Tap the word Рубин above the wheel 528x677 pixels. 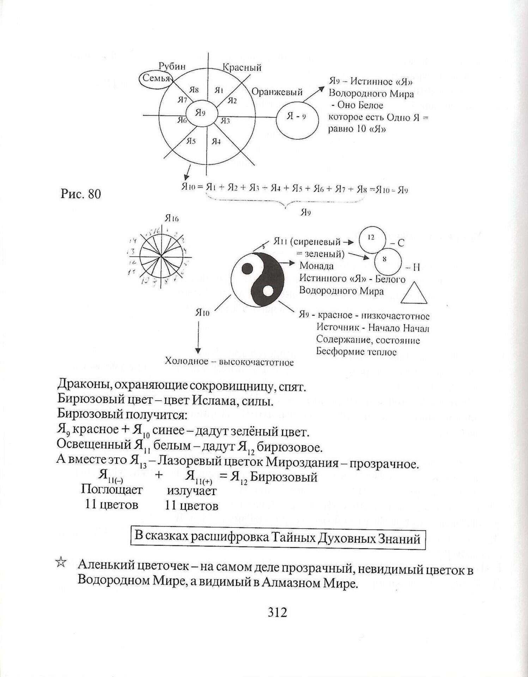[x=172, y=66]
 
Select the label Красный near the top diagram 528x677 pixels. [x=242, y=67]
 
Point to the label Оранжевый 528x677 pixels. [x=277, y=92]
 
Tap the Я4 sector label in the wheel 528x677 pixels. [x=216, y=142]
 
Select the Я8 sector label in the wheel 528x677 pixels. [x=194, y=90]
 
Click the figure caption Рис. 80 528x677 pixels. [x=81, y=194]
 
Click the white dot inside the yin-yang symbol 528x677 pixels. [x=268, y=291]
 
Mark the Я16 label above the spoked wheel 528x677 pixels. [x=171, y=219]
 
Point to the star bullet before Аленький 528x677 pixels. [x=61, y=562]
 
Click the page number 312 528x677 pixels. [x=277, y=622]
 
